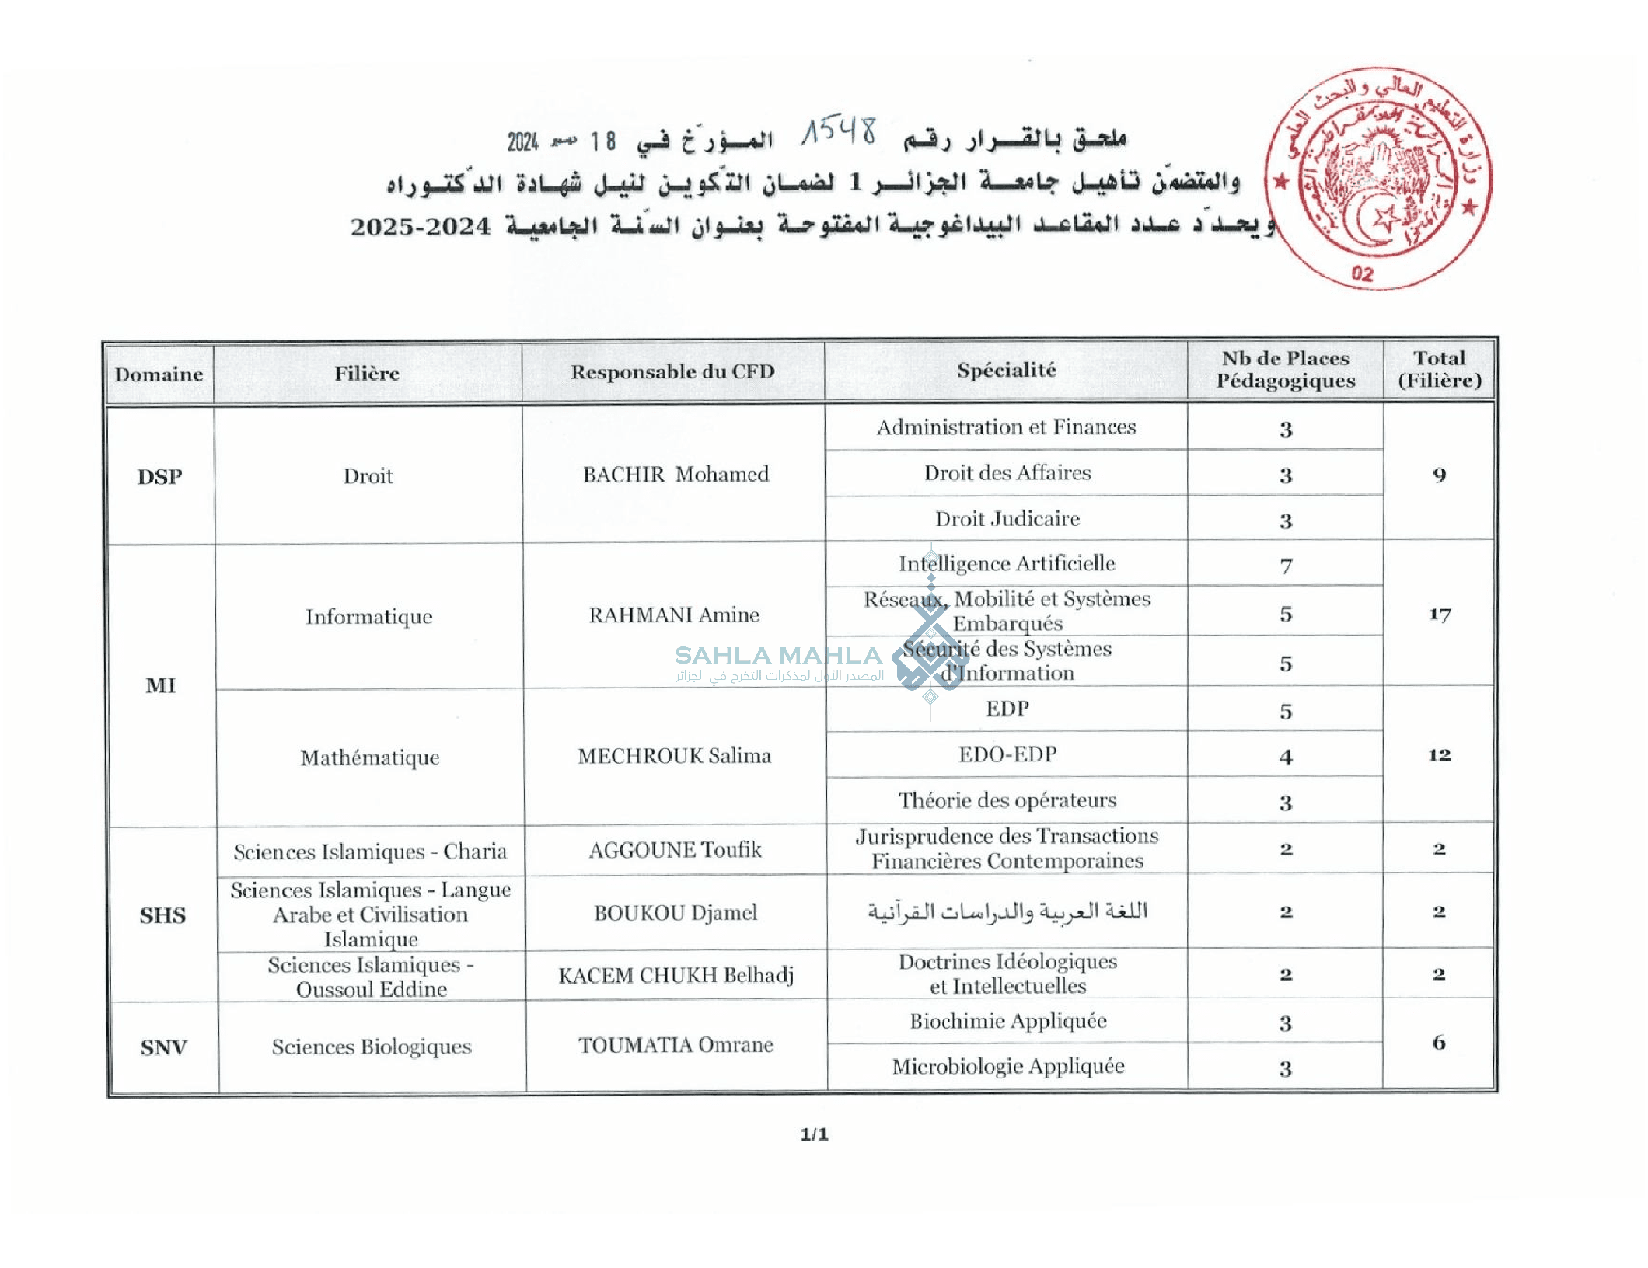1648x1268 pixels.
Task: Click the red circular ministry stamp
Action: point(1377,178)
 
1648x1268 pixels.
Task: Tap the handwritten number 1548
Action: point(840,132)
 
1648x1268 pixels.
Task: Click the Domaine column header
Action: point(159,374)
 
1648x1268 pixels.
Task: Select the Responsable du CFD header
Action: point(672,371)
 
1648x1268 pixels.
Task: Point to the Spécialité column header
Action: point(1006,370)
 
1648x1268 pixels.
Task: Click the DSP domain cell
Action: point(159,476)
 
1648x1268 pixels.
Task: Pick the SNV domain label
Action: point(163,1047)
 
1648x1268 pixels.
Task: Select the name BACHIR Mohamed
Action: point(676,474)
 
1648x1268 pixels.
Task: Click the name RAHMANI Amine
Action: point(673,615)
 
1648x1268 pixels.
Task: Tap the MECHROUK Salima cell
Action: point(674,755)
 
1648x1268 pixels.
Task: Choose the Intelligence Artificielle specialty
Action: point(1007,563)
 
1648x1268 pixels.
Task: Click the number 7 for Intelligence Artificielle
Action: point(1286,566)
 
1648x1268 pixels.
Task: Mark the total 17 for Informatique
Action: point(1439,615)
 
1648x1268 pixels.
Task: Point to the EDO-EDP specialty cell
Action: point(1007,754)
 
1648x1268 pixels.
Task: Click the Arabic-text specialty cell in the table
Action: point(1007,911)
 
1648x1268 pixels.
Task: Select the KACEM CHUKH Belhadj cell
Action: point(676,974)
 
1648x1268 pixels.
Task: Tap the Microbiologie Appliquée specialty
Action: point(1007,1066)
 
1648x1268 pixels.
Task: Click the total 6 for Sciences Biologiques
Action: point(1439,1043)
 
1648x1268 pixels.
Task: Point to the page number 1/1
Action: point(814,1134)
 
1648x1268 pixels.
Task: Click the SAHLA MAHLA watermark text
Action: point(778,656)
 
